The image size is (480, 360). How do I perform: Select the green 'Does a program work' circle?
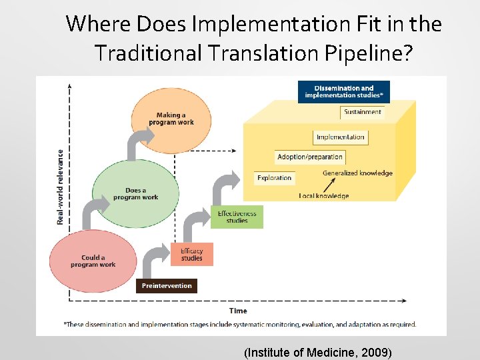tap(135, 193)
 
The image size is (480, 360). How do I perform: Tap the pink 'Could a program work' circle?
tap(93, 261)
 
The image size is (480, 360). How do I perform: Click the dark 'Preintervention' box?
tap(167, 286)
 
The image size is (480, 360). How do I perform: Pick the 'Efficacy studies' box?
tap(191, 255)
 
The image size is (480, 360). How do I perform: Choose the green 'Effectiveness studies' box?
tap(237, 217)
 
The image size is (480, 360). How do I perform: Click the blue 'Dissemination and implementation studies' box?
tap(344, 92)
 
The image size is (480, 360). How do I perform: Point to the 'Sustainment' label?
tap(363, 112)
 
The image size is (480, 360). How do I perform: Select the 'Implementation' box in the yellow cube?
tap(340, 137)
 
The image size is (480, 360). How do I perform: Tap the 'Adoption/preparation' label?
tap(310, 157)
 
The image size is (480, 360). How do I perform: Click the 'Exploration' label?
tap(275, 178)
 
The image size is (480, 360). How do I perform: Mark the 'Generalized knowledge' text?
tap(357, 173)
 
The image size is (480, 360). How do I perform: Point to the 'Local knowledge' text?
tap(324, 196)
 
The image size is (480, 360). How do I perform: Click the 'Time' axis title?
tap(238, 311)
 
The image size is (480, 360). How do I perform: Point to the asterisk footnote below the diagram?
tap(240, 325)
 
